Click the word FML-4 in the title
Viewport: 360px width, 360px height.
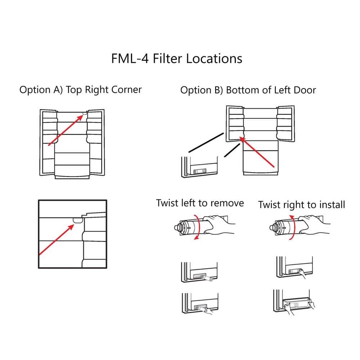(x=130, y=59)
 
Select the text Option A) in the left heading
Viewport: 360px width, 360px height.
(x=41, y=90)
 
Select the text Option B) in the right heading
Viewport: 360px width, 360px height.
(x=202, y=90)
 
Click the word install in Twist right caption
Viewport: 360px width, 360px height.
(x=332, y=205)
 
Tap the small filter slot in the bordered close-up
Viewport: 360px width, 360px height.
(x=77, y=219)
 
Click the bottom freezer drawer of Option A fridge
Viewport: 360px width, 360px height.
(x=72, y=171)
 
